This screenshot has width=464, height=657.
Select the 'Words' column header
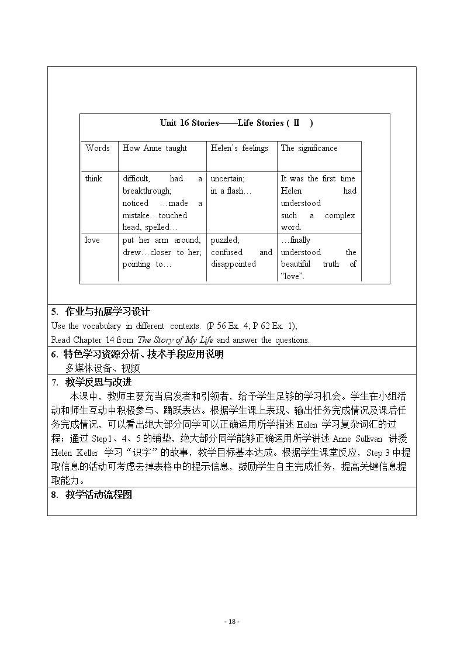point(97,149)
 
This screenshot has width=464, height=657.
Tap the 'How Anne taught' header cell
point(154,149)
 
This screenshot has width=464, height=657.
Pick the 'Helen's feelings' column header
point(239,149)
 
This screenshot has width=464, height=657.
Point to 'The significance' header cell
point(309,149)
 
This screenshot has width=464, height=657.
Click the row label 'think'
point(94,179)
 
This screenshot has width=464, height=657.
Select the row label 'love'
point(92,240)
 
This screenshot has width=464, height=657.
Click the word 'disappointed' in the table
point(233,264)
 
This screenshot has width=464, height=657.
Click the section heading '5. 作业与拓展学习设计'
point(100,312)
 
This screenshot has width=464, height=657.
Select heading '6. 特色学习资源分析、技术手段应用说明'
point(137,354)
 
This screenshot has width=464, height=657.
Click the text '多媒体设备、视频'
point(103,368)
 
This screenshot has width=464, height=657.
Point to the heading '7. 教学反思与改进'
point(91,382)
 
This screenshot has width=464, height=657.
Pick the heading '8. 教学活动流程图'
point(92,495)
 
